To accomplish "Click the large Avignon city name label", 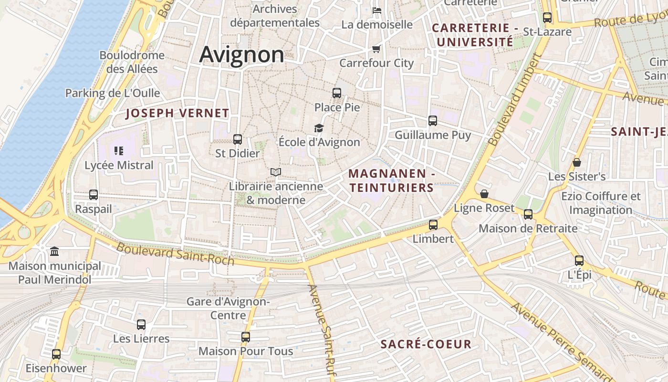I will (x=241, y=54).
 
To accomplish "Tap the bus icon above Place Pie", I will (x=337, y=93).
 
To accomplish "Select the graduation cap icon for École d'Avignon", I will (x=319, y=128).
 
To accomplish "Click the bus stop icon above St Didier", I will (x=238, y=139).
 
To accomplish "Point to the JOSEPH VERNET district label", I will (x=177, y=113).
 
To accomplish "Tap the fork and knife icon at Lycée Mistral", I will (x=119, y=151).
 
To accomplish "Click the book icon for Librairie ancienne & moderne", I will (x=276, y=172).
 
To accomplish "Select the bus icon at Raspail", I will (x=94, y=195).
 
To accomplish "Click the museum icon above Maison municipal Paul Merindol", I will (x=54, y=251).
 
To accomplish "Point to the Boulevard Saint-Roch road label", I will (x=175, y=254).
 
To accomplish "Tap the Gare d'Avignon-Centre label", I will (x=228, y=308).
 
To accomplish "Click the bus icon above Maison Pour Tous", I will (x=246, y=337).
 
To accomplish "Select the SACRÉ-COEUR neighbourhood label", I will (x=426, y=344).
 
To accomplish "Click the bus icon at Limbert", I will (x=433, y=224).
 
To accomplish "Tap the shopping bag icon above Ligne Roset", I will (x=484, y=194).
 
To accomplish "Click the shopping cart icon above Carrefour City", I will (x=376, y=49).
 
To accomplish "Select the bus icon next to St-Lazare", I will (x=547, y=18).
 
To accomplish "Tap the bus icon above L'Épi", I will (x=579, y=261).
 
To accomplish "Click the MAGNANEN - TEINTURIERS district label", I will (x=391, y=181).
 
